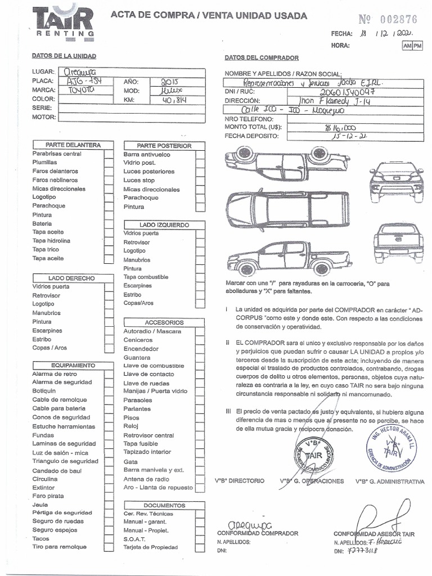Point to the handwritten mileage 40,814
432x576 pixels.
(x=172, y=100)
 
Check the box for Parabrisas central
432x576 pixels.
(x=109, y=154)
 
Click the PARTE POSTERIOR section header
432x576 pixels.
(x=165, y=146)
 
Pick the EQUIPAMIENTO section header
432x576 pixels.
(x=73, y=366)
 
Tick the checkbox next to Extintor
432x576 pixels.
(x=109, y=488)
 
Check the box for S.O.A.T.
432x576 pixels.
(x=200, y=539)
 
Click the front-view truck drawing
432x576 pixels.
(x=396, y=182)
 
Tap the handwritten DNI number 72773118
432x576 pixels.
(x=363, y=551)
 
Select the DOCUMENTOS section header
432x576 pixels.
(x=164, y=506)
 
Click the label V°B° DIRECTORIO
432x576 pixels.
(x=239, y=481)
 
